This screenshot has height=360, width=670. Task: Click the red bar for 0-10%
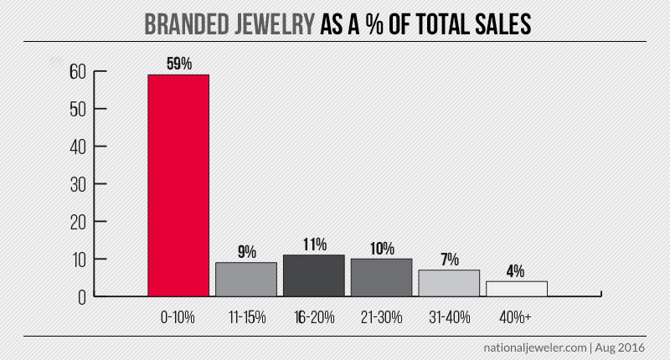tap(178, 184)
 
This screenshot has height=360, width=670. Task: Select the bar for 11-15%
tap(246, 279)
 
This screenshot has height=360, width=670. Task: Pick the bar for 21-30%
tap(382, 277)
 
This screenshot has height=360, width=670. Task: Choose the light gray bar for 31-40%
tap(450, 282)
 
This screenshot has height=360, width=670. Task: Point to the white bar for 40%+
tap(517, 288)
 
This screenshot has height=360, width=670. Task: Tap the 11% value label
tap(314, 245)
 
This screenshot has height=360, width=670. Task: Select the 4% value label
tap(516, 271)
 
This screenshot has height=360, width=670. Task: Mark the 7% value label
tap(450, 260)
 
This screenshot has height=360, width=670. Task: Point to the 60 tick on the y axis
tap(78, 72)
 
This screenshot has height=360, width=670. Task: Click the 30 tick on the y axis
tap(78, 184)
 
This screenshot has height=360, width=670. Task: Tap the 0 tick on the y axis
tap(82, 297)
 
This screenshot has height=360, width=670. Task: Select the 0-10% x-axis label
tap(178, 318)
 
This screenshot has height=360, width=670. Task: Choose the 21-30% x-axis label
tap(382, 318)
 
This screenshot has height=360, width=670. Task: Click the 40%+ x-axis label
tap(517, 318)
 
